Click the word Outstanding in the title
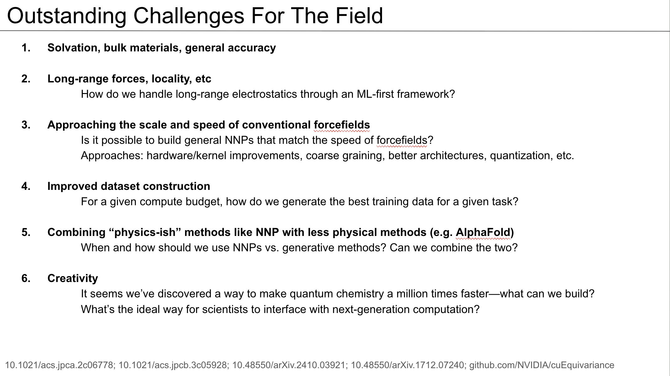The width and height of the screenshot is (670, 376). point(66,16)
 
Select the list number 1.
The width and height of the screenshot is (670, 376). point(26,48)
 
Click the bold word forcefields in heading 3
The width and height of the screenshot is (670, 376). point(342,125)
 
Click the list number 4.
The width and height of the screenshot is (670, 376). point(26,186)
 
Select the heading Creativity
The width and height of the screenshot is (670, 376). point(73,278)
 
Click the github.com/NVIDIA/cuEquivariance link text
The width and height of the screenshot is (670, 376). point(542,365)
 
